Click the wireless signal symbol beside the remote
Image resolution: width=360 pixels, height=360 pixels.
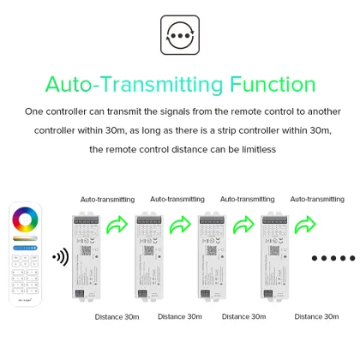(60, 256)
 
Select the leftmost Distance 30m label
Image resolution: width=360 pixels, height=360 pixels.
(117, 317)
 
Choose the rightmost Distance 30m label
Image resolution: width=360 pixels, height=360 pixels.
(317, 317)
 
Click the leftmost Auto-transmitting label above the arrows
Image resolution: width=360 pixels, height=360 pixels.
(106, 199)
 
